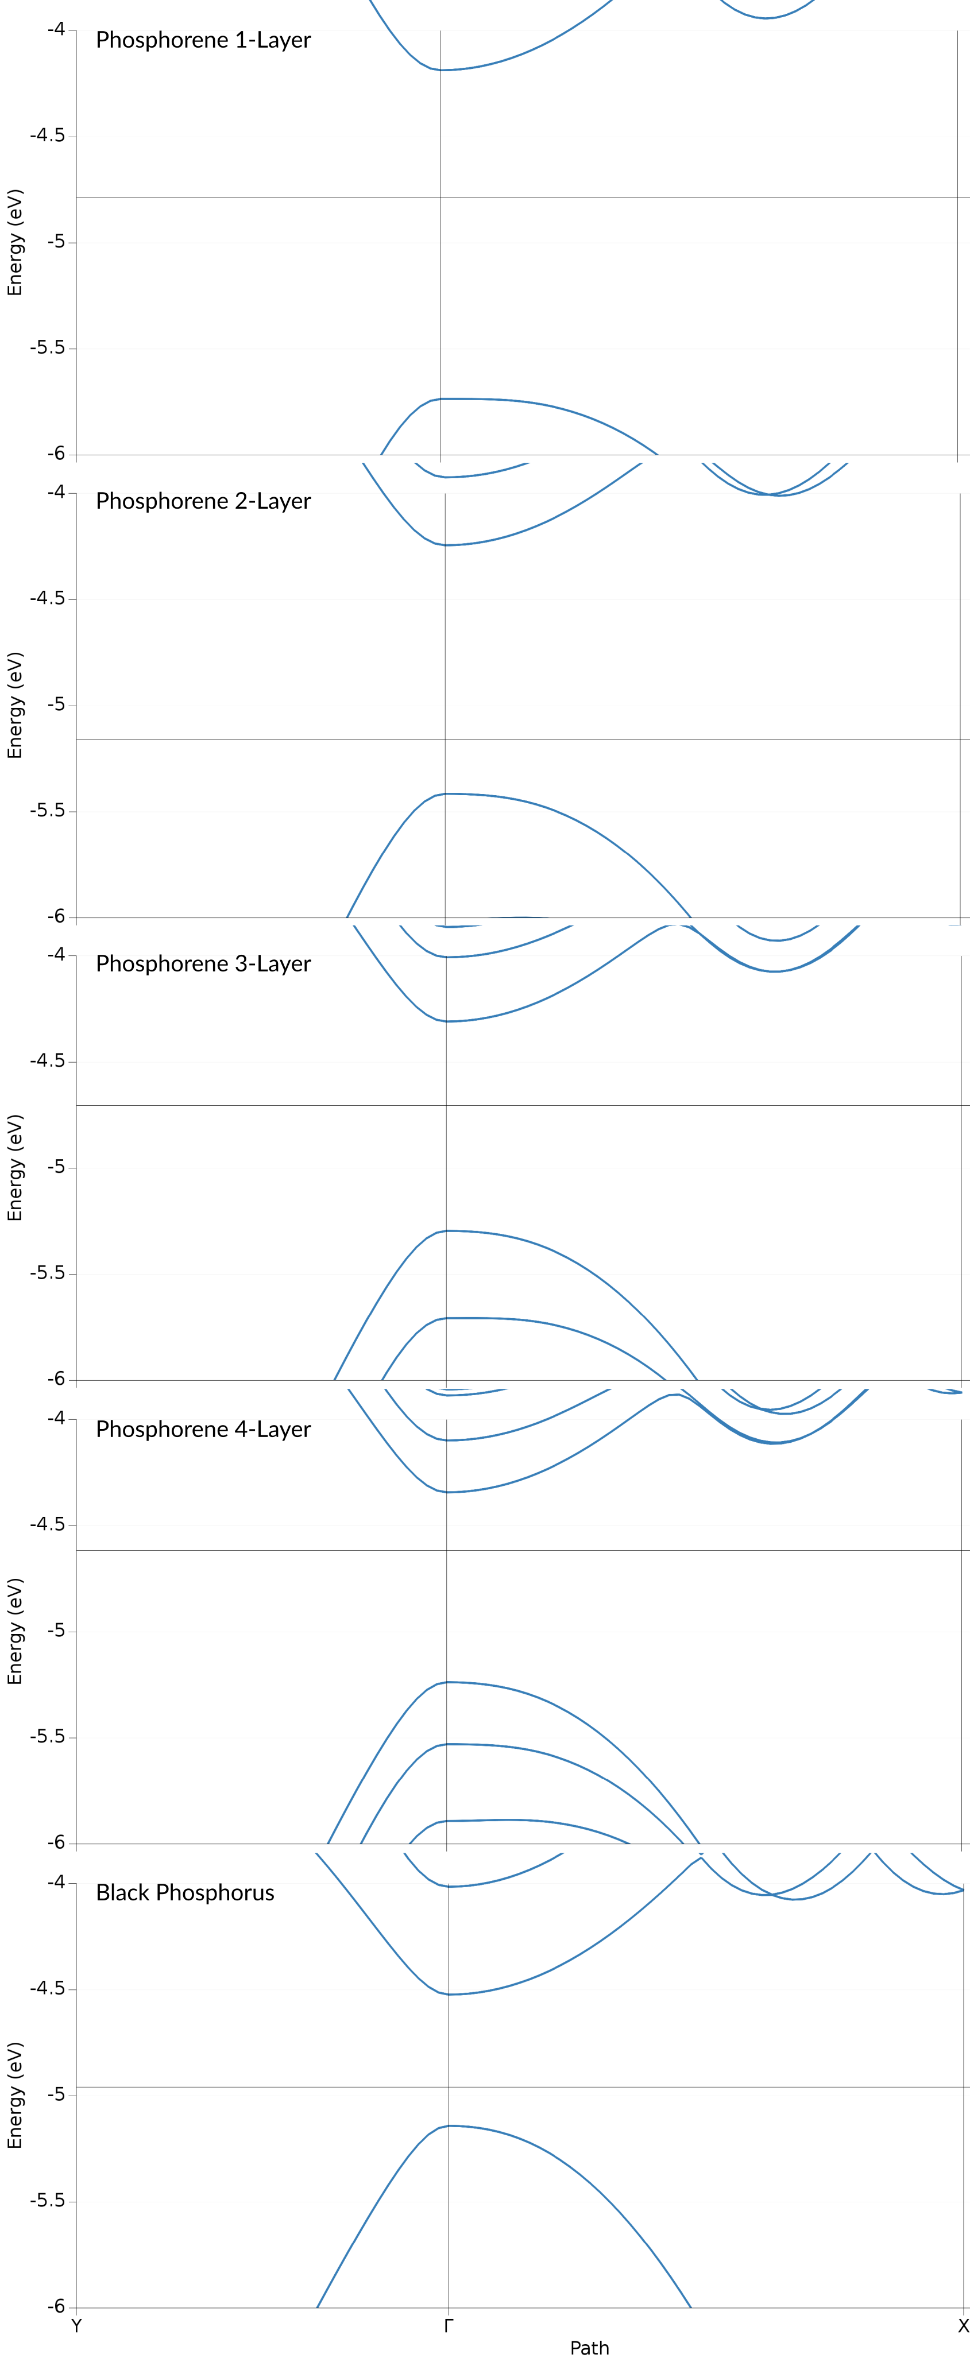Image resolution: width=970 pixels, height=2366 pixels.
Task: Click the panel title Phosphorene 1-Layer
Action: pyautogui.click(x=203, y=40)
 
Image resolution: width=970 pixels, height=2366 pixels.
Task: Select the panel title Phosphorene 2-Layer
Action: pyautogui.click(x=203, y=501)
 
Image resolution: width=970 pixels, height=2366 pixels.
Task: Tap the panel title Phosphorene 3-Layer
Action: pyautogui.click(x=203, y=965)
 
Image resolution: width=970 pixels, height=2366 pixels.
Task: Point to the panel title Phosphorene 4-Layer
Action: pyautogui.click(x=203, y=1430)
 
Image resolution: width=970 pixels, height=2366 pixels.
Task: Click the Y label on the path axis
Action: pyautogui.click(x=76, y=2326)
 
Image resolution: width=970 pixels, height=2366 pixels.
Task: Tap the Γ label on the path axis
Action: pyautogui.click(x=449, y=2326)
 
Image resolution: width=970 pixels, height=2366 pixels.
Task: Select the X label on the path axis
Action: pyautogui.click(x=963, y=2326)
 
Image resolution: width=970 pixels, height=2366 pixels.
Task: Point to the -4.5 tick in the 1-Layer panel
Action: pyautogui.click(x=47, y=136)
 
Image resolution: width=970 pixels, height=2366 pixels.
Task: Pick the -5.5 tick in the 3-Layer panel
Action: pyautogui.click(x=47, y=1273)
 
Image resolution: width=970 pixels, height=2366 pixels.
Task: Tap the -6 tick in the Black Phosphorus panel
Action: pyautogui.click(x=56, y=2306)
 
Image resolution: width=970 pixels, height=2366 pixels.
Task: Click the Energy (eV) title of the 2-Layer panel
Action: pyautogui.click(x=15, y=706)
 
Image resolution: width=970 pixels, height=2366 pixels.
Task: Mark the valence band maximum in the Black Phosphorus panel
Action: pyautogui.click(x=449, y=2125)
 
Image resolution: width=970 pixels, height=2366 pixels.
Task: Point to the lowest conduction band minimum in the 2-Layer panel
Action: pyautogui.click(x=446, y=545)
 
